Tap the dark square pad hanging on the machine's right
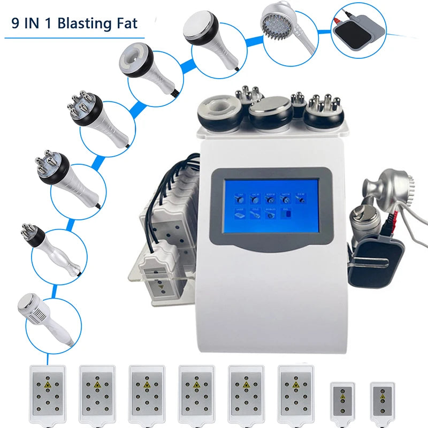[x=373, y=262]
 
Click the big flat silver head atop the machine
[x=271, y=111]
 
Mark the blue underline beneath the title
[x=74, y=38]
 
